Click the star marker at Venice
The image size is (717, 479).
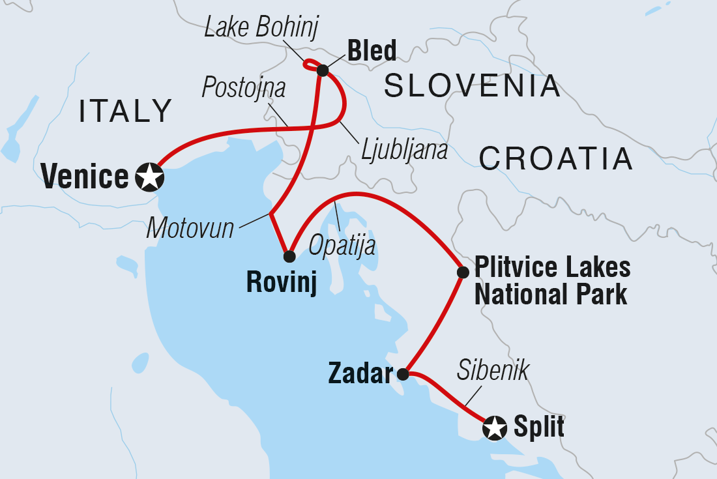pos(149,177)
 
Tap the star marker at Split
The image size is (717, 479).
pos(495,428)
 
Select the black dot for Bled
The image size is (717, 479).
pos(322,70)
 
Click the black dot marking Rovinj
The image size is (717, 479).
pos(289,256)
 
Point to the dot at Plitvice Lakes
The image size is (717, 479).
pos(462,272)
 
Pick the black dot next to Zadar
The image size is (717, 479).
pos(403,374)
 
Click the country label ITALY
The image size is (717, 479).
pos(125,111)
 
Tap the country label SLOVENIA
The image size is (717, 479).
pos(472,86)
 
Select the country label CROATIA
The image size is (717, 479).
pos(556,158)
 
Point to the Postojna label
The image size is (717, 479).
pos(243,87)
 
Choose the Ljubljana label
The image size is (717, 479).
pos(405,151)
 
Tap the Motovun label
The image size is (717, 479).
pos(190,228)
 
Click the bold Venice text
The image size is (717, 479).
pos(84,177)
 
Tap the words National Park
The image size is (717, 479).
pos(550,295)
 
